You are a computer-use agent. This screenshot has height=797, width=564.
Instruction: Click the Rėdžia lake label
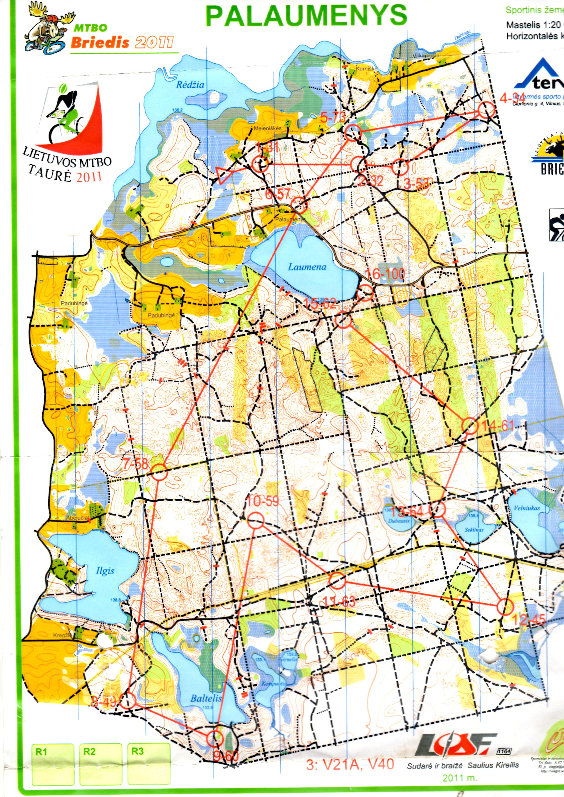coord(190,85)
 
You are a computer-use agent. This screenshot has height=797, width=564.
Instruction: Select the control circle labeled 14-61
coord(471,426)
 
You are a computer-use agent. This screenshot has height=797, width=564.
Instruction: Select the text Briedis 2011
coord(122,43)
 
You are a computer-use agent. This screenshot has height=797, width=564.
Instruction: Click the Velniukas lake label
coord(527,508)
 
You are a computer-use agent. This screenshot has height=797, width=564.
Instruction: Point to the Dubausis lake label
coord(399,521)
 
